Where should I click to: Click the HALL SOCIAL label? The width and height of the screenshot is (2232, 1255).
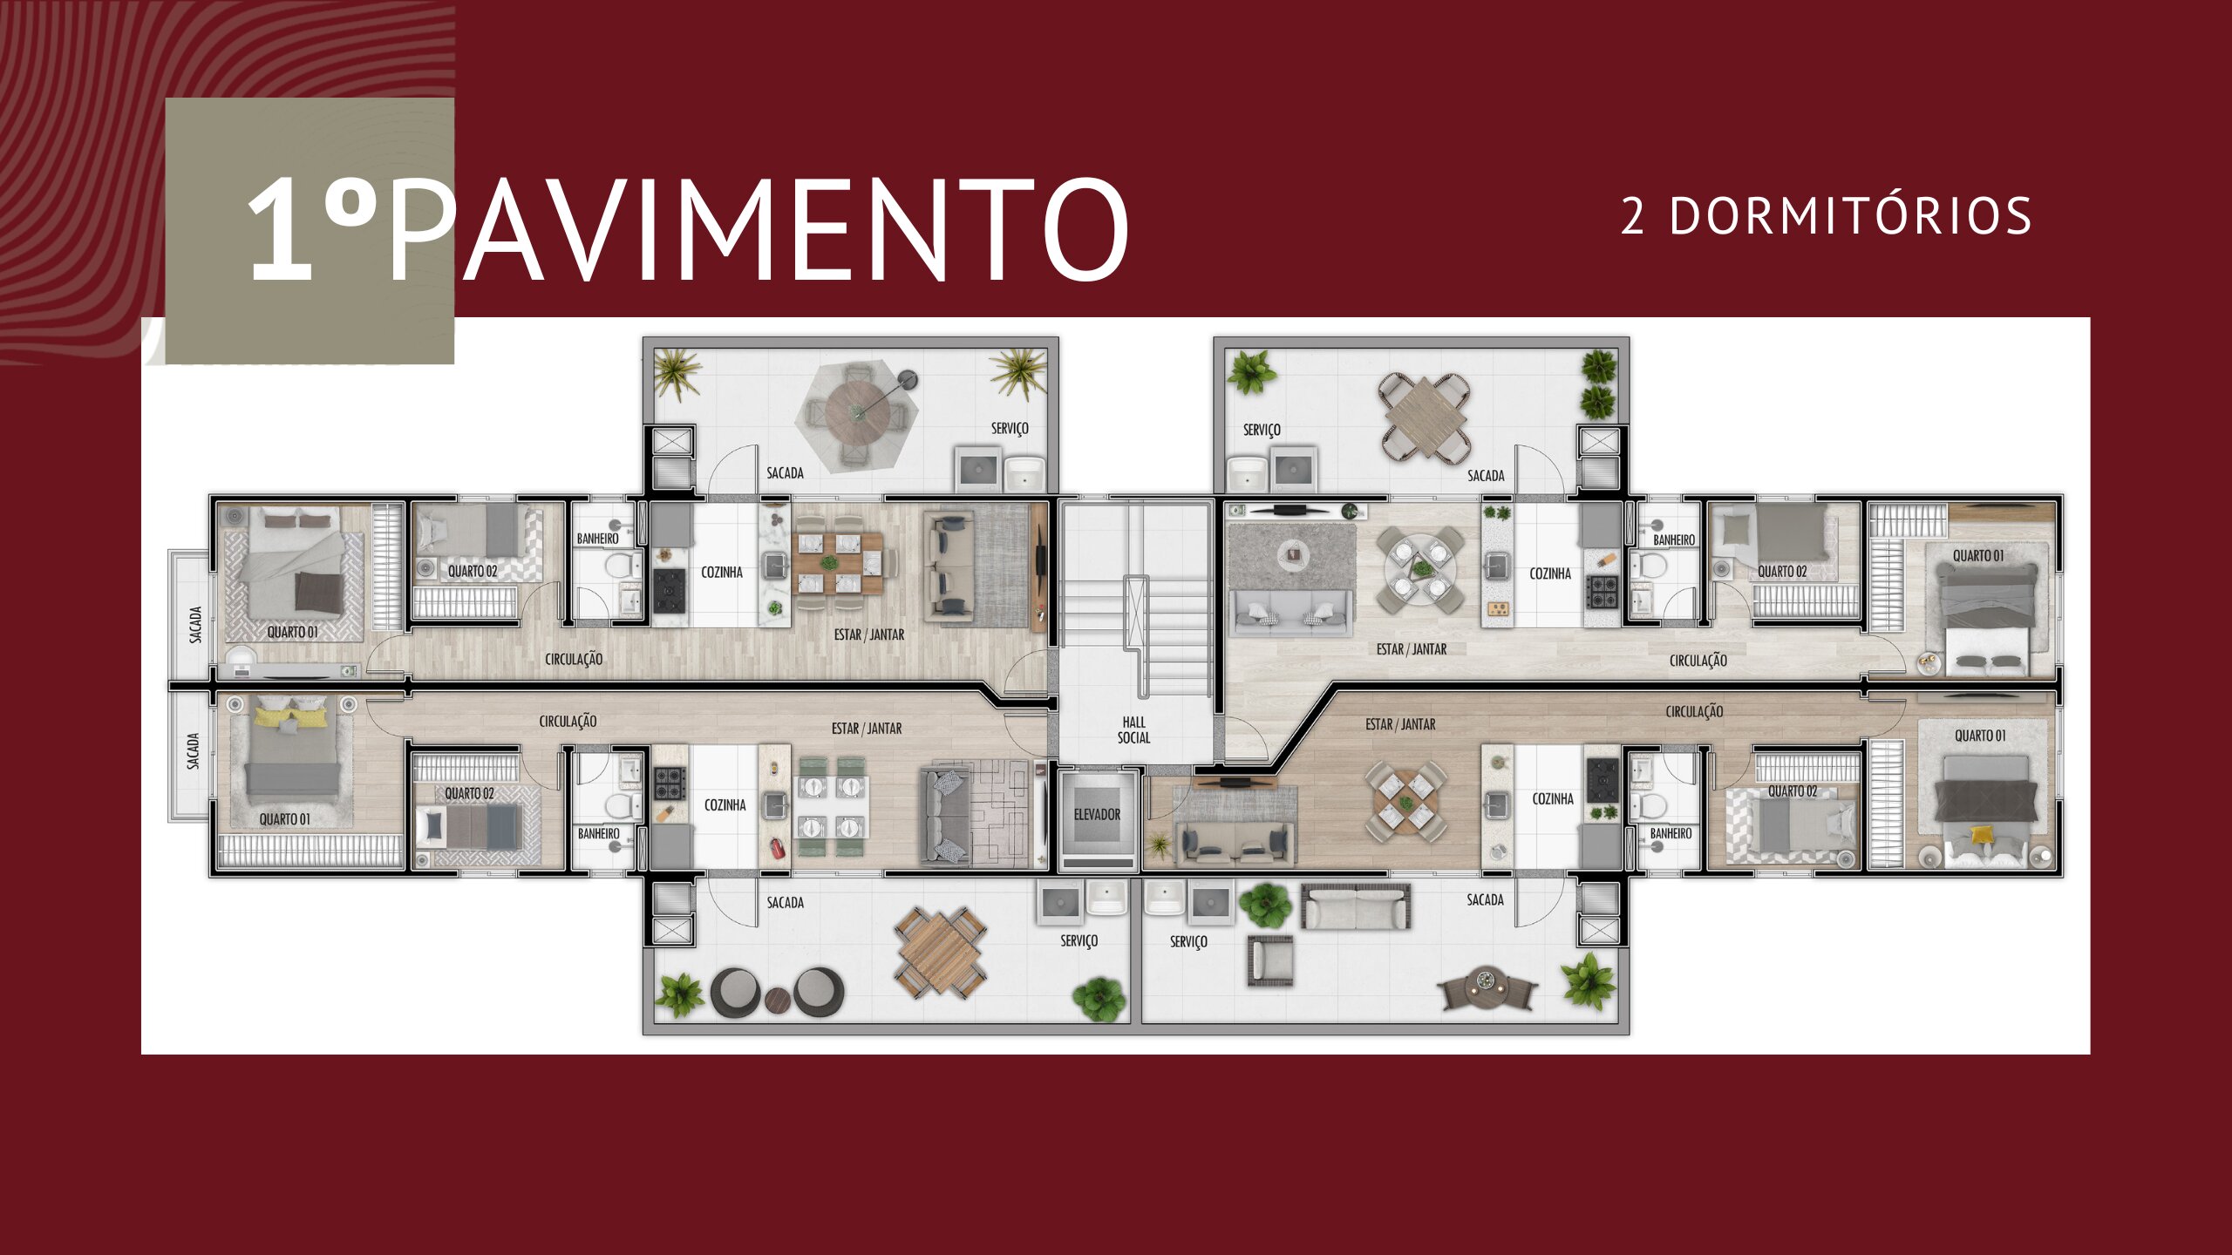(x=1133, y=729)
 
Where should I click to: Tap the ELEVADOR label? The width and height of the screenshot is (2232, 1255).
(x=1097, y=814)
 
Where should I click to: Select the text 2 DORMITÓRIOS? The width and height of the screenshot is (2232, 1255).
(x=1827, y=216)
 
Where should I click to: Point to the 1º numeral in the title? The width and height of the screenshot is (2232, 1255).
(x=312, y=228)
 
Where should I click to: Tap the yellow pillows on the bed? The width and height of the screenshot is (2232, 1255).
(x=291, y=716)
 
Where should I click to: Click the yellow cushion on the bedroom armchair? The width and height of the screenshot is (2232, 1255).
(x=1982, y=834)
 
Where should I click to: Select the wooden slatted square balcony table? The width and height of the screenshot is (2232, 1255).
(x=940, y=953)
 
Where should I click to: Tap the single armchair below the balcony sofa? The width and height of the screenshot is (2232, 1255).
(x=1270, y=960)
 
